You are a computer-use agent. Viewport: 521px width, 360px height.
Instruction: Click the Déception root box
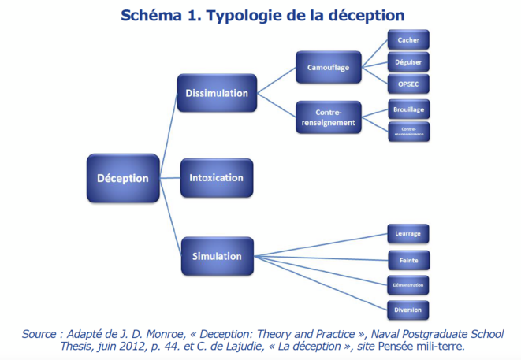tap(122, 178)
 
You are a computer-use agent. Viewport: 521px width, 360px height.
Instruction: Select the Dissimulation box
tap(216, 93)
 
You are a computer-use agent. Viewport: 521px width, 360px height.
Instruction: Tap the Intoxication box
tap(216, 177)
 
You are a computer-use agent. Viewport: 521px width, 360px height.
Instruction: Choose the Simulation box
tap(216, 256)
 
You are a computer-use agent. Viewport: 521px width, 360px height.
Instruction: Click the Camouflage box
tap(329, 68)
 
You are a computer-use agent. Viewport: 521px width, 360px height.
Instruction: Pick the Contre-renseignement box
tap(329, 117)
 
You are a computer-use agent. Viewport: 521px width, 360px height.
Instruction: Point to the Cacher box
tap(408, 39)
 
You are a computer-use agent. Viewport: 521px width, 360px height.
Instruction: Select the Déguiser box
tap(408, 61)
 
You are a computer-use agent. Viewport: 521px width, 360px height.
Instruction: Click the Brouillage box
tap(408, 110)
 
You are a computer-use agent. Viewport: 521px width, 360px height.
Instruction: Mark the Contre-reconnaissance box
tap(408, 132)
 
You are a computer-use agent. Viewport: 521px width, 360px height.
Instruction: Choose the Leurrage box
tap(408, 234)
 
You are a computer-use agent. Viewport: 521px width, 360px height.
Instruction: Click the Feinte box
tap(408, 259)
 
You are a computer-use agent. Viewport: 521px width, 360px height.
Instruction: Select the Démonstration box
tap(408, 284)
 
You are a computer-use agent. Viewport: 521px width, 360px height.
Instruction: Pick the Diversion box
tap(408, 309)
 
